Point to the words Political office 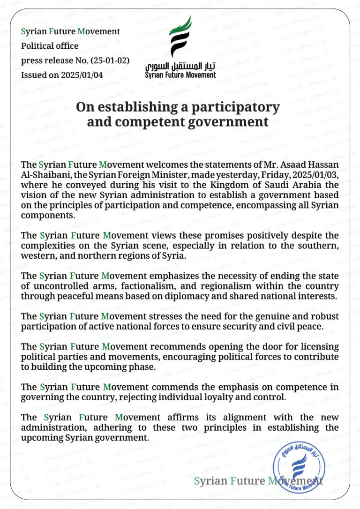coord(50,46)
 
